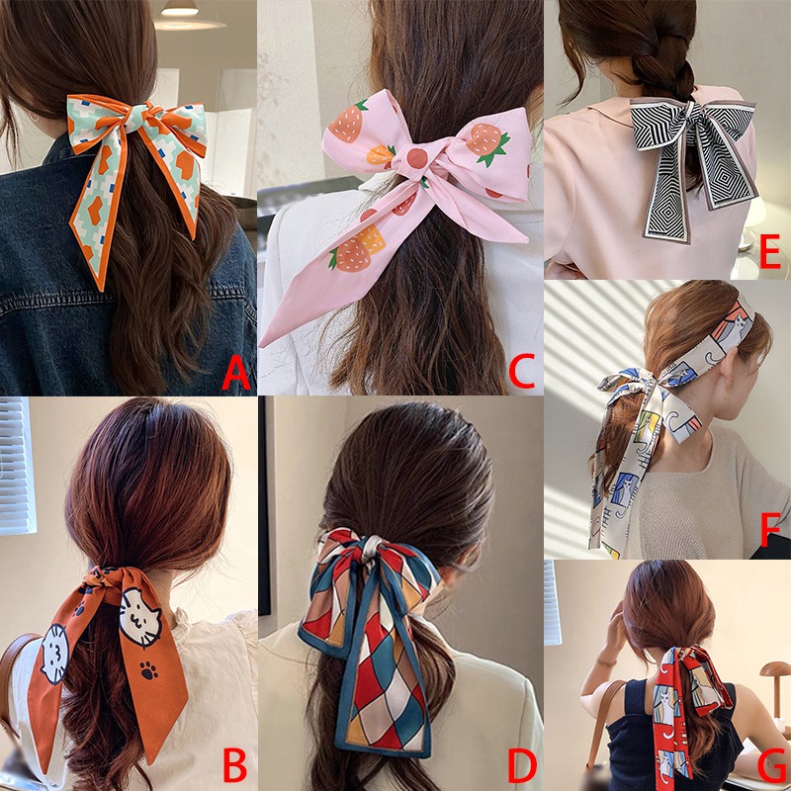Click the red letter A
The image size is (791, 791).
(x=235, y=373)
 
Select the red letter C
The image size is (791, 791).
(x=522, y=373)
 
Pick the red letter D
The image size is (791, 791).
(x=522, y=763)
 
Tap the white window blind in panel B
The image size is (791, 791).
(x=16, y=465)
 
